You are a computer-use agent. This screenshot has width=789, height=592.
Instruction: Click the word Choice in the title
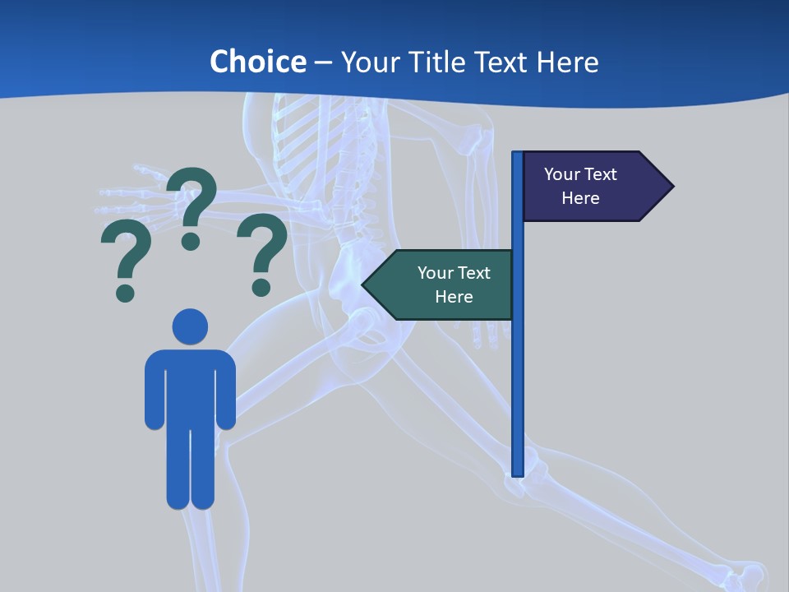[x=257, y=62]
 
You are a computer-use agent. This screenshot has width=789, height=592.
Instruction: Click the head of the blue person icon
[x=190, y=326]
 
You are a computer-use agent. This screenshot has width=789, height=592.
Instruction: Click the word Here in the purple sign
[x=580, y=198]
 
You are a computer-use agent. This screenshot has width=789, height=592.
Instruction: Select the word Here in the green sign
[x=454, y=297]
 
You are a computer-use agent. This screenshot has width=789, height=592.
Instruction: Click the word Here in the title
[x=567, y=62]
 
